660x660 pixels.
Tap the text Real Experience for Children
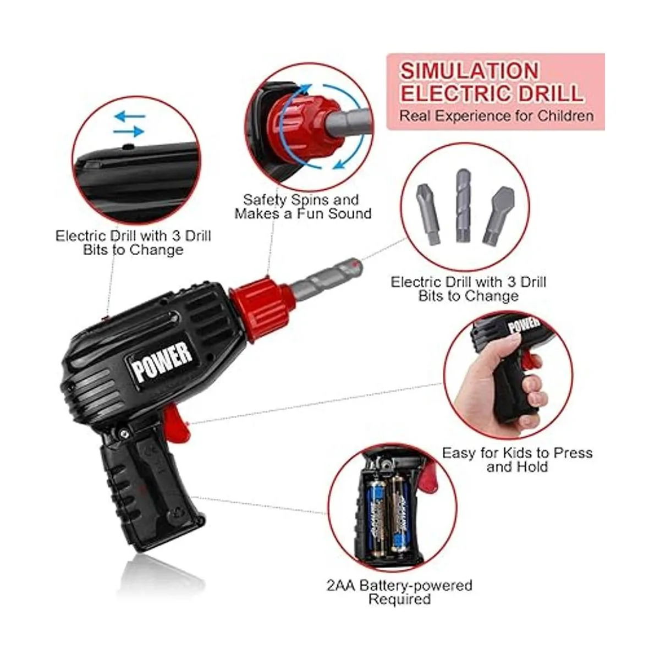(x=496, y=116)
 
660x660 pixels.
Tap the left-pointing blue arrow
(x=130, y=117)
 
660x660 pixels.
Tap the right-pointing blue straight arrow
(x=129, y=131)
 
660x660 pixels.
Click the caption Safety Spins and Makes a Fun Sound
(x=302, y=207)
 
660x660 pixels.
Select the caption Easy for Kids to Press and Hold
(x=517, y=460)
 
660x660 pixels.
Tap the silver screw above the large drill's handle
(x=124, y=434)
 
